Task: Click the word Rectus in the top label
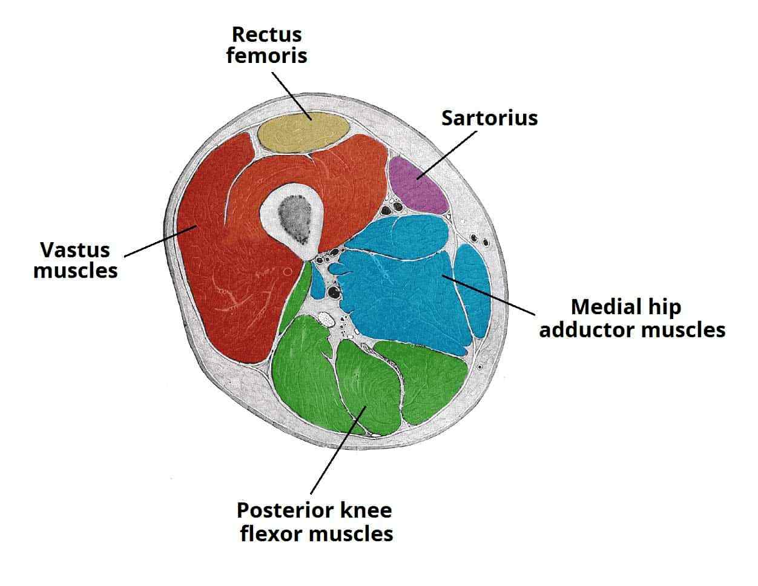pyautogui.click(x=266, y=35)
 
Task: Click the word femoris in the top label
pyautogui.click(x=266, y=56)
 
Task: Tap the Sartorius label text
pyautogui.click(x=489, y=118)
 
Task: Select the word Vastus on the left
pyautogui.click(x=75, y=249)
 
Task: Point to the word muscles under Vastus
pyautogui.click(x=75, y=270)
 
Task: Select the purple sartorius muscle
pyautogui.click(x=418, y=185)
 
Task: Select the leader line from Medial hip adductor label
pyautogui.click(x=490, y=295)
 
